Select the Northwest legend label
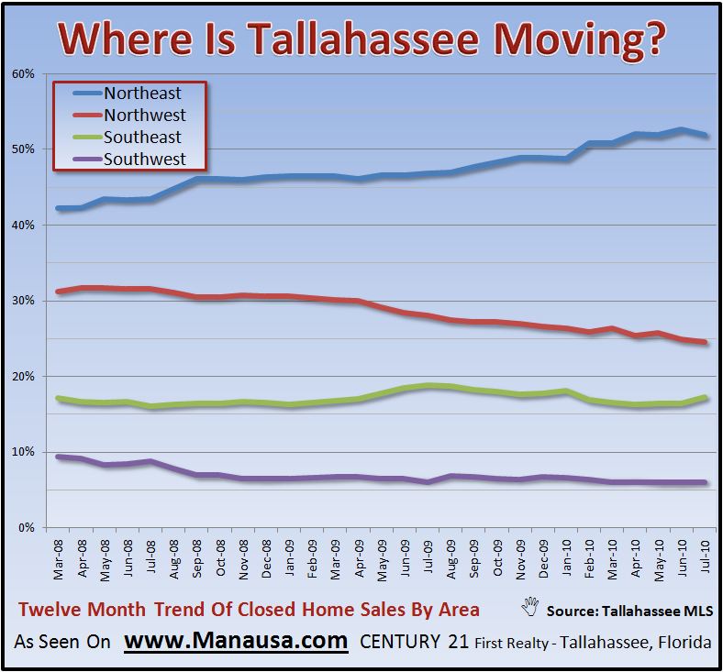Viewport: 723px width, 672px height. (145, 116)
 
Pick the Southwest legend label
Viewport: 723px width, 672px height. (145, 160)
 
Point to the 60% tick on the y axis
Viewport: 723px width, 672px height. (23, 73)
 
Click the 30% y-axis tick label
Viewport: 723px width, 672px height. (23, 301)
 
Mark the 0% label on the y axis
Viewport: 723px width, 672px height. (27, 528)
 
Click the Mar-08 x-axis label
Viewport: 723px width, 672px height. (58, 559)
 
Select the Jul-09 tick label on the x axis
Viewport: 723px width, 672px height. (428, 556)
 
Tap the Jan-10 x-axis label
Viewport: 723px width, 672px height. (566, 558)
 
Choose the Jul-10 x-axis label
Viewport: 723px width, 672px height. (705, 556)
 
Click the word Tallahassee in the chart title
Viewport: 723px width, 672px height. (365, 38)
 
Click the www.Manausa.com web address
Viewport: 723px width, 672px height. (236, 641)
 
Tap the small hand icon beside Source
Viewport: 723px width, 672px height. (530, 607)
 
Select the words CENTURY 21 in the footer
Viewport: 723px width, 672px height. (414, 642)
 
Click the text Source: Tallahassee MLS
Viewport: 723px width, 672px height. (629, 611)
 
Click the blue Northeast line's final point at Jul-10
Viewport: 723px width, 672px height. (705, 135)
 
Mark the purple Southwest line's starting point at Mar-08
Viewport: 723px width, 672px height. (58, 457)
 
